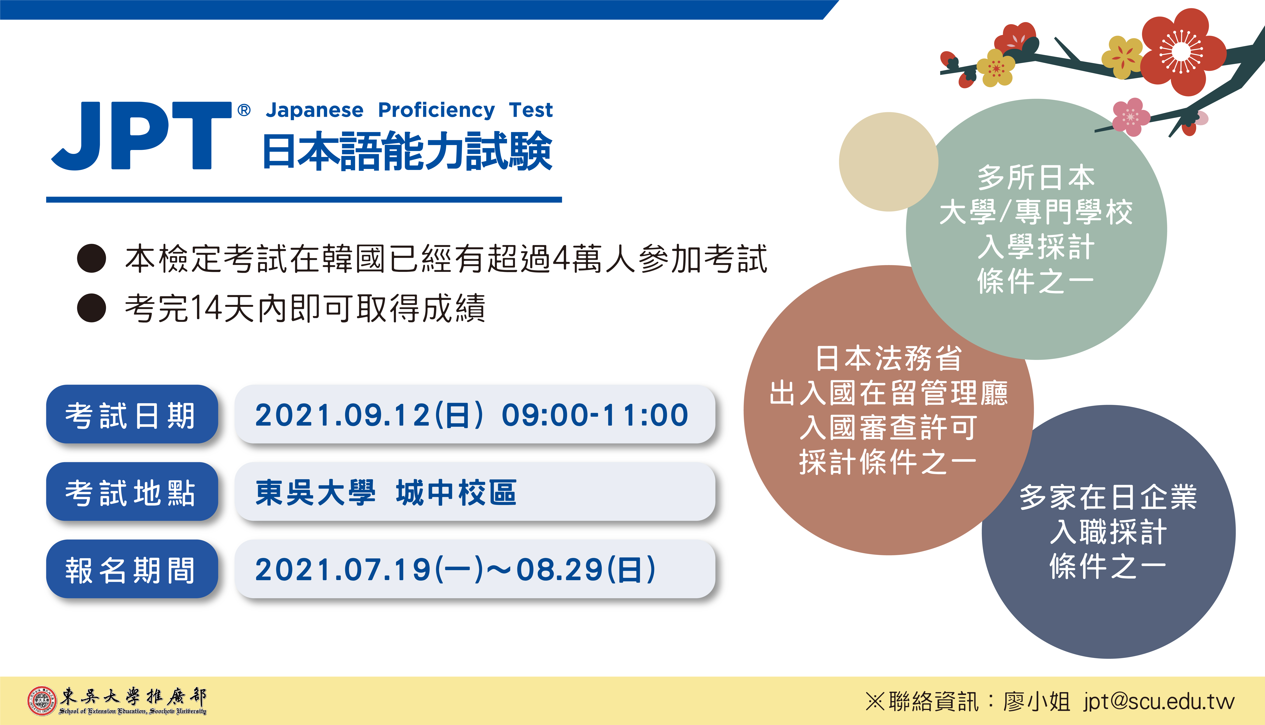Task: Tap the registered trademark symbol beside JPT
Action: (x=244, y=110)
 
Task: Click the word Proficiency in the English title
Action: (x=436, y=110)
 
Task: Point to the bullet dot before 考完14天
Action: (x=92, y=308)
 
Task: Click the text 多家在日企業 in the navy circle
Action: (x=1108, y=497)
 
